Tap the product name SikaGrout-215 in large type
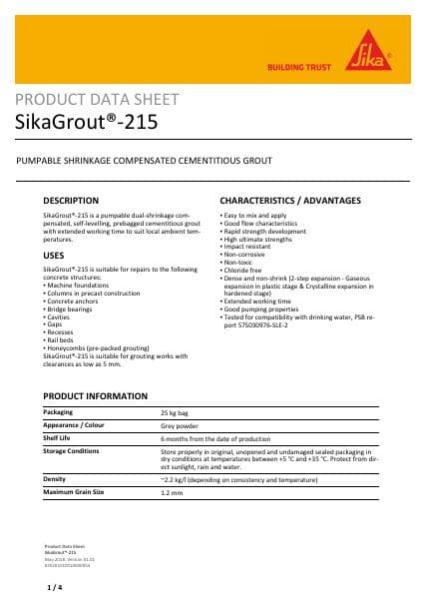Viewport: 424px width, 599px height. (86, 123)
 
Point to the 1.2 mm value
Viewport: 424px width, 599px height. (172, 492)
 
